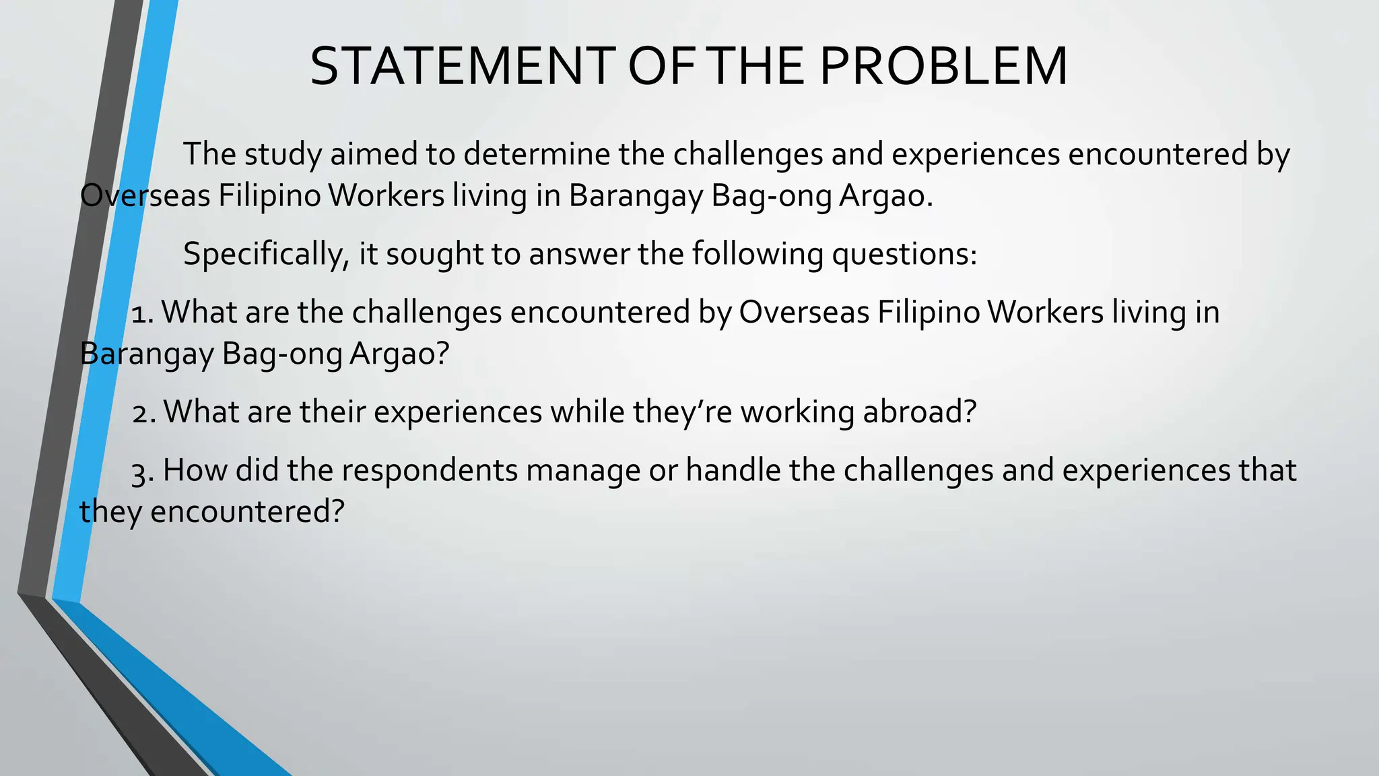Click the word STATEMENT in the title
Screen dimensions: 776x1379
[463, 67]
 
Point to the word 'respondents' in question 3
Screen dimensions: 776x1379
[430, 470]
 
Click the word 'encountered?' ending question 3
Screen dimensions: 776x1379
[247, 512]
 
